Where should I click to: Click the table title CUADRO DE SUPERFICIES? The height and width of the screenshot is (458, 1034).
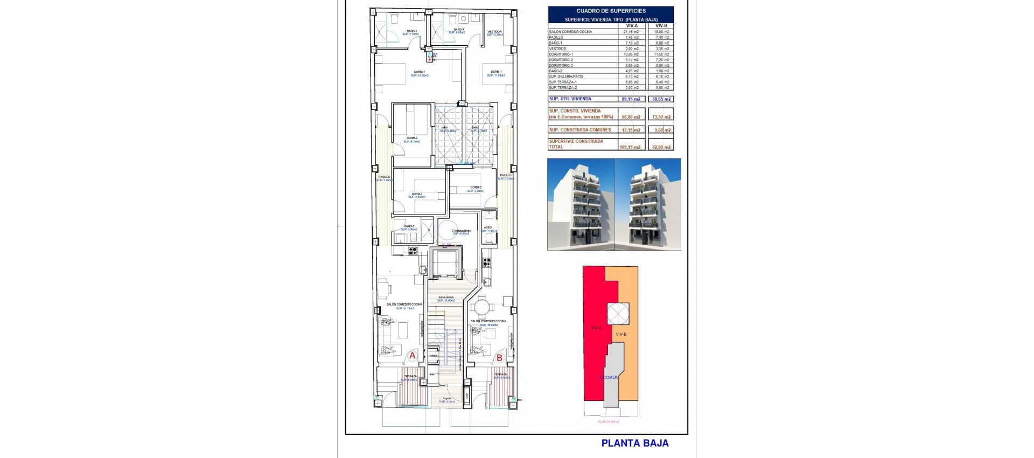tap(611, 11)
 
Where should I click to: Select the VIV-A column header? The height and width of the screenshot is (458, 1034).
tap(632, 25)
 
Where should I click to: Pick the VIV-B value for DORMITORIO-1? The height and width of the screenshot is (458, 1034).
tap(662, 54)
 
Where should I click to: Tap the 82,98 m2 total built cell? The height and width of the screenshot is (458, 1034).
tap(661, 147)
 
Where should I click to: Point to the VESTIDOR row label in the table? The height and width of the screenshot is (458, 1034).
tap(557, 48)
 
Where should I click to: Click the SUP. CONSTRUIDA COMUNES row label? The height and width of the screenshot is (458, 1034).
tap(580, 130)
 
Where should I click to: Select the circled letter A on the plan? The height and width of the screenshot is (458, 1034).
tap(413, 356)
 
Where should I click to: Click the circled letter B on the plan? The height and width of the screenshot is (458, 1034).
tap(499, 357)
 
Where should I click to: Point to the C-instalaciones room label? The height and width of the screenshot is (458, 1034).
tap(461, 231)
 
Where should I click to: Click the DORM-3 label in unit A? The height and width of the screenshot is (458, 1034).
tap(417, 194)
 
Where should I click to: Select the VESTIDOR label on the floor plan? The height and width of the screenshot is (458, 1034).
tap(494, 32)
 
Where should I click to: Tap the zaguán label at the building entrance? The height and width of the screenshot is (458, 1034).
tap(447, 399)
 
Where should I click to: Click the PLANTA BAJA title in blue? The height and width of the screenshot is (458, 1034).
tap(634, 443)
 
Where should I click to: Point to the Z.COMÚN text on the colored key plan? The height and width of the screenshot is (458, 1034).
tap(609, 377)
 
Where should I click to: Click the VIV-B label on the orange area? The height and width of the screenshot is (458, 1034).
tap(621, 334)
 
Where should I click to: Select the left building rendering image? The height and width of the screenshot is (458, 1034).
tap(581, 204)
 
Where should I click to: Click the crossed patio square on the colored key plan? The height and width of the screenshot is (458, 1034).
tap(618, 314)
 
